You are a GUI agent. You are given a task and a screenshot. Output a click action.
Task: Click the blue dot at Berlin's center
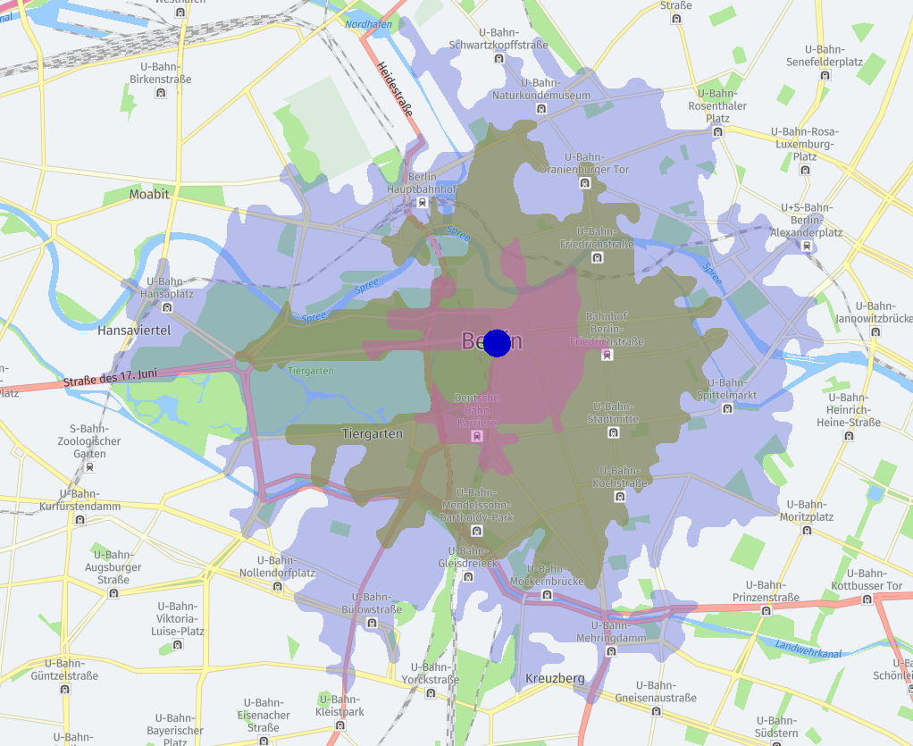point(497,343)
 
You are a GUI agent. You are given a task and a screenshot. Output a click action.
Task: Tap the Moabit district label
point(149,194)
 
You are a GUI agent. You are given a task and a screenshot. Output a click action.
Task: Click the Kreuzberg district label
point(555,678)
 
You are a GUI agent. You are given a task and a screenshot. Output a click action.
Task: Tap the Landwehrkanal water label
point(808,650)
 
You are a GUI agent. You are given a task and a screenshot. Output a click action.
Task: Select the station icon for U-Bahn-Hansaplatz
point(167,307)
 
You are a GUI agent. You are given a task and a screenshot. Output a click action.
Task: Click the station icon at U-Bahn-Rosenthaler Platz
point(717,131)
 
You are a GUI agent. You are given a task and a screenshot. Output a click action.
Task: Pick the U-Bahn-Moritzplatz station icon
point(807,530)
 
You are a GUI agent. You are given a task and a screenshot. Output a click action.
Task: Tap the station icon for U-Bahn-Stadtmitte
point(613,432)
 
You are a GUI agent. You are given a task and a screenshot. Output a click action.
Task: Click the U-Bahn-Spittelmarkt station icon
point(727,408)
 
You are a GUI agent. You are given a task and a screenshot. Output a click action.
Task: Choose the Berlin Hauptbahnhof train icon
point(422,203)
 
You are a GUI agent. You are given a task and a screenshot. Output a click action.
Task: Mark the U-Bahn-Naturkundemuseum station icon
point(541,109)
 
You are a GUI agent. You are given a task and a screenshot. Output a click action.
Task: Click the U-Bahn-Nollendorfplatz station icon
point(278,587)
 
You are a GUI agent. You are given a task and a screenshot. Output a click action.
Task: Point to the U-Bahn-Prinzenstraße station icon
point(766,610)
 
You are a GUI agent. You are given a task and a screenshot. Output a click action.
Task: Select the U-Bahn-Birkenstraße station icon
point(161,92)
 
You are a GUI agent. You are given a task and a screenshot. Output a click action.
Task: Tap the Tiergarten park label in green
point(311,371)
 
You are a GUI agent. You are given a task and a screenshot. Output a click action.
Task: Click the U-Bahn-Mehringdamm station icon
point(610,651)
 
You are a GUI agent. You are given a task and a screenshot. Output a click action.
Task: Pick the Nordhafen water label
point(368,24)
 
